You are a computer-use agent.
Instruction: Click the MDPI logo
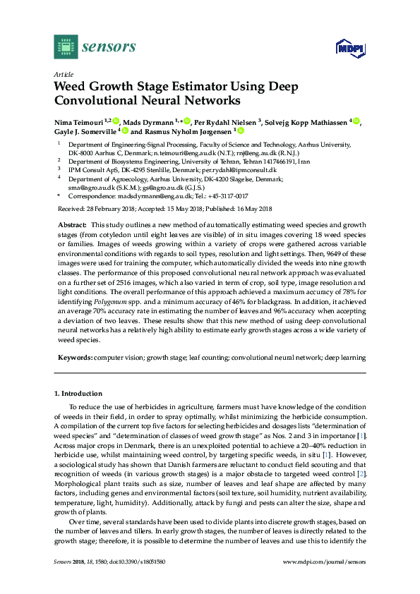pyautogui.click(x=354, y=48)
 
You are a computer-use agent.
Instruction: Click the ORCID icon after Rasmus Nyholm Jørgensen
pyautogui.click(x=241, y=131)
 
